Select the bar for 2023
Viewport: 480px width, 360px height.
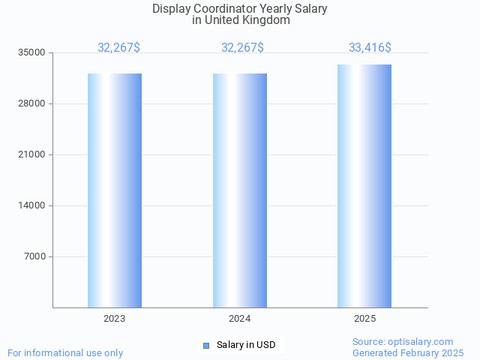115,190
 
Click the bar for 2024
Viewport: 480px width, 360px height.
240,190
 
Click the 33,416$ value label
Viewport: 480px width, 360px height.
370,48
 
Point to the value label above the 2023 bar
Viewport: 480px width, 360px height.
118,48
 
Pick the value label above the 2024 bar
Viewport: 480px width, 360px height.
242,48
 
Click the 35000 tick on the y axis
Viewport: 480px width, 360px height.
32,52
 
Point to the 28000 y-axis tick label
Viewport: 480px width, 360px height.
32,103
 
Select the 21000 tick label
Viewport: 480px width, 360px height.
32,154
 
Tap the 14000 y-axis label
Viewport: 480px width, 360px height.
32,205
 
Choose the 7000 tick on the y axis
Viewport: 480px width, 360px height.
34,256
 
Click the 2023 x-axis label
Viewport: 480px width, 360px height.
115,319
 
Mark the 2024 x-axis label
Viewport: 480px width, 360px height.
240,319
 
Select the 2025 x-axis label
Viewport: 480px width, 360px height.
364,319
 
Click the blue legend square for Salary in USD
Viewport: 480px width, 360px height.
206,345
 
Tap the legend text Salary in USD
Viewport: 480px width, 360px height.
246,345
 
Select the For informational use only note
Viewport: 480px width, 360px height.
65,352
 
